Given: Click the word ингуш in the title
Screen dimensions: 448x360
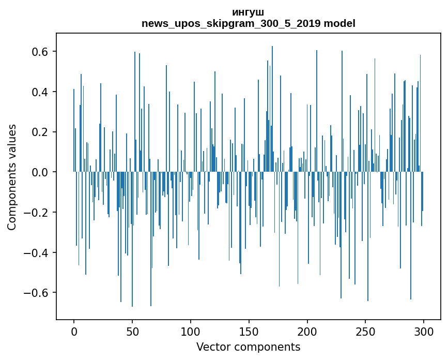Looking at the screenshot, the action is (248, 12).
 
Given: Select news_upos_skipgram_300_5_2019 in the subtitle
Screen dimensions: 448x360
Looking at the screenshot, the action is (231, 24).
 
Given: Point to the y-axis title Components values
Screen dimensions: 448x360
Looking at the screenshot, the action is (12, 177).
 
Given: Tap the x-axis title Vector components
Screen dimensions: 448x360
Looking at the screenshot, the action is (248, 347).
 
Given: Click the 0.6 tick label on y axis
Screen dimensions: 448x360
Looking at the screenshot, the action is (40, 52).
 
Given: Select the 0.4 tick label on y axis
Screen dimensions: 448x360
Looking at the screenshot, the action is (40, 92).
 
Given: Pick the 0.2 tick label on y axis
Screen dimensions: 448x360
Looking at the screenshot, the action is (40, 132).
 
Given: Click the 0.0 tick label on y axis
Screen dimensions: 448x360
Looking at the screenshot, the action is (40, 172).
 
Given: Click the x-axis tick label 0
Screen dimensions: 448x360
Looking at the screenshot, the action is (74, 332).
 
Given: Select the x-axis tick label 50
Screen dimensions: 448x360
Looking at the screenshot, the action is (132, 332).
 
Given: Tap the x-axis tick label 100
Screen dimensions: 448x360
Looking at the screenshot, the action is (191, 332).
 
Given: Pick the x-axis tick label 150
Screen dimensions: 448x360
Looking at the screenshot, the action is (249, 332).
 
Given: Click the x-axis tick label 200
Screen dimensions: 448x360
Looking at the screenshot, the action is (307, 332).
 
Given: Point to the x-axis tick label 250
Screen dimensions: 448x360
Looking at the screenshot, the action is (365, 332).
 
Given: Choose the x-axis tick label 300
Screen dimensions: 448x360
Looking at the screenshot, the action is (424, 332).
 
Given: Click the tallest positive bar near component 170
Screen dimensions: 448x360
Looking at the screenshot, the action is (272, 109).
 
